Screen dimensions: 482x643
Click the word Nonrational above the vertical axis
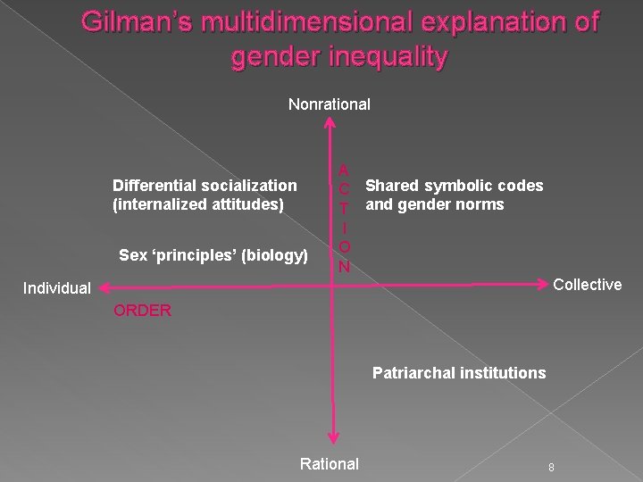pyautogui.click(x=329, y=104)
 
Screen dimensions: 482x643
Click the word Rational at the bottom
pyautogui.click(x=329, y=463)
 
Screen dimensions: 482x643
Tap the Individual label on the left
pyautogui.click(x=57, y=288)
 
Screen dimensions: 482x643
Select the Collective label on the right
pyautogui.click(x=588, y=285)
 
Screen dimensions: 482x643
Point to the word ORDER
pyautogui.click(x=142, y=312)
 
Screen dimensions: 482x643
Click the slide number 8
pyautogui.click(x=552, y=467)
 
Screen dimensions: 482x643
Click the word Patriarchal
pyautogui.click(x=414, y=373)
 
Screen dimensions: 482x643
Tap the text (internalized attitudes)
pyautogui.click(x=198, y=204)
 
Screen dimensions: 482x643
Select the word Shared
pyautogui.click(x=393, y=186)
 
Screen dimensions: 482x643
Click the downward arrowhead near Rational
pyautogui.click(x=332, y=436)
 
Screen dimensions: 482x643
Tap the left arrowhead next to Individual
pyautogui.click(x=104, y=287)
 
